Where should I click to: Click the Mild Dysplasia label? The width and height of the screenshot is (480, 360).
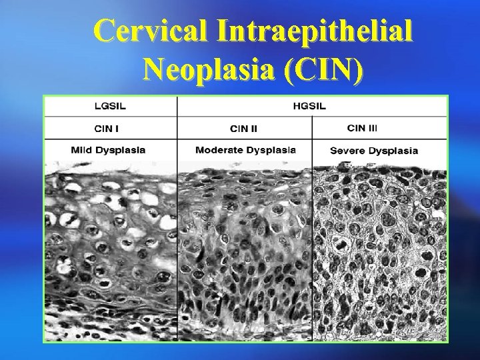pos(109,149)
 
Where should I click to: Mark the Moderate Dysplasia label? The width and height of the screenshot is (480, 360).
pos(245,149)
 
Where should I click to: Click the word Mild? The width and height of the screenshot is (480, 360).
pos(81,149)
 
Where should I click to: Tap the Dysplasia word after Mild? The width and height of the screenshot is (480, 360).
pos(122,149)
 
